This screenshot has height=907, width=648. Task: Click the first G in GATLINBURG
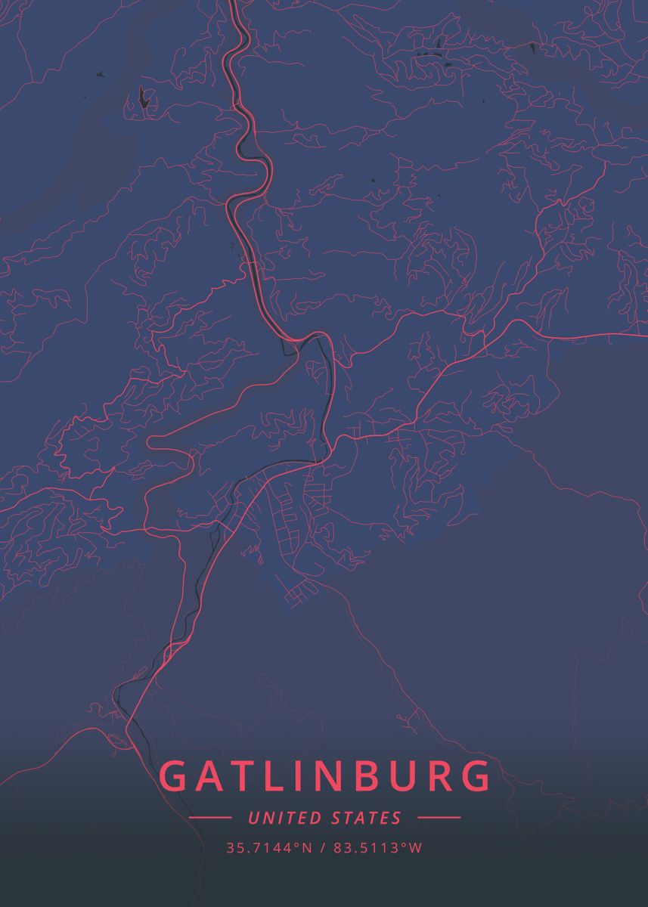click(x=175, y=777)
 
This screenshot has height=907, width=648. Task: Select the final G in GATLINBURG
click(x=473, y=777)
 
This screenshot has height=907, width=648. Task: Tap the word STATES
click(x=367, y=818)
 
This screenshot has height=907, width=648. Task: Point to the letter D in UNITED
click(x=317, y=818)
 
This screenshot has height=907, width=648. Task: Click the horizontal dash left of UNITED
click(x=210, y=818)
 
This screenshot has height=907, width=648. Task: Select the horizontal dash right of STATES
click(x=439, y=818)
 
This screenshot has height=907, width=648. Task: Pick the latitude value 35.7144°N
click(x=268, y=848)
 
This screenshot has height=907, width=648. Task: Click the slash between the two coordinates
click(x=324, y=848)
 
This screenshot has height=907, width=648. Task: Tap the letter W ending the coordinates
click(x=415, y=848)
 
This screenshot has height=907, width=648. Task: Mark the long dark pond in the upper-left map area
click(x=143, y=98)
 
